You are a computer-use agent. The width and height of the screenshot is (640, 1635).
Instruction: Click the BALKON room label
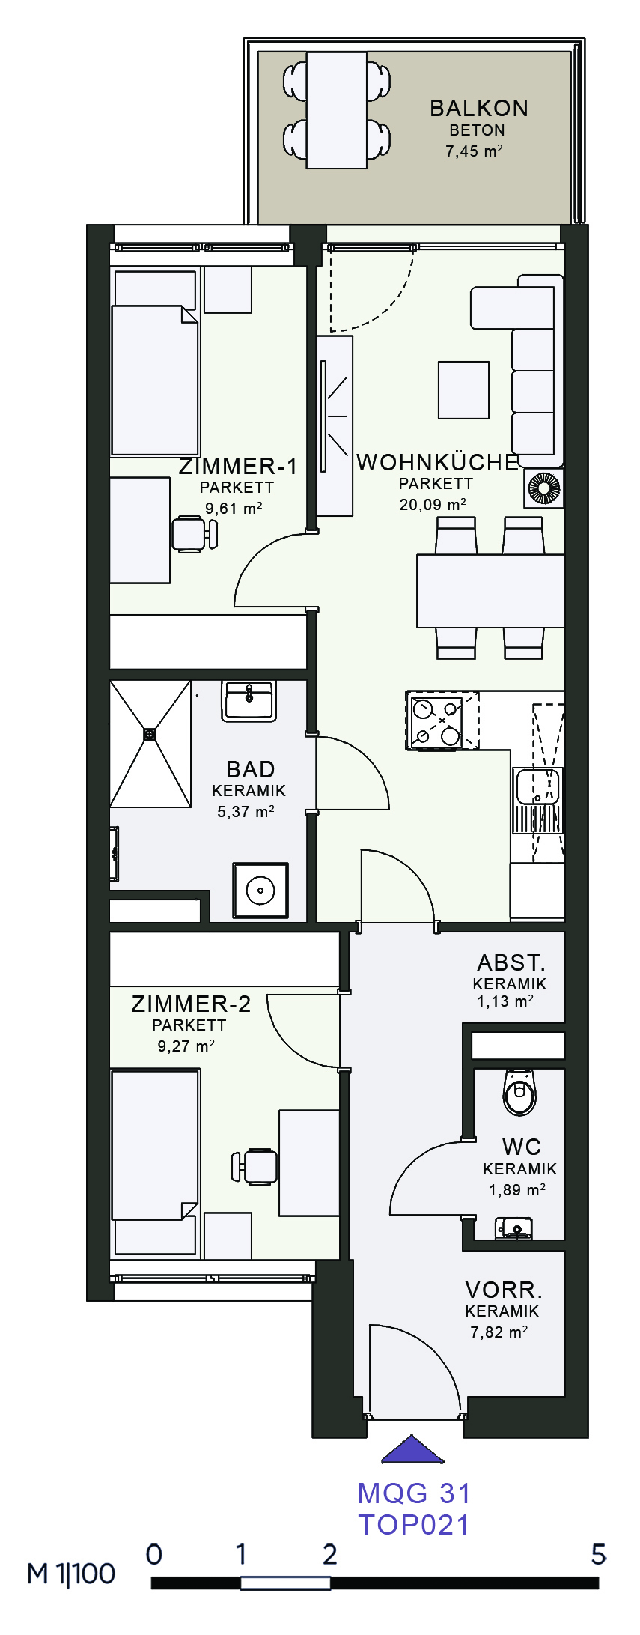(479, 108)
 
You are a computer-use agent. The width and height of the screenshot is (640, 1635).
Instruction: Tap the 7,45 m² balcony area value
(475, 151)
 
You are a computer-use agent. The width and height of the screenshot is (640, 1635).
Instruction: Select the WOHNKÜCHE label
(438, 462)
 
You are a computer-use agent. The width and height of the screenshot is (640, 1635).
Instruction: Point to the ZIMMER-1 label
(238, 466)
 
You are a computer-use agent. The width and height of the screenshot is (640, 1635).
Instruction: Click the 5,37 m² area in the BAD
(246, 811)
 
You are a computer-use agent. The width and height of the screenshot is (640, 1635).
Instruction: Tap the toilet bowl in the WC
(519, 1094)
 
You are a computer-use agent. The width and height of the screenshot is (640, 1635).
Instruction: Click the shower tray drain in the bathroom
(150, 735)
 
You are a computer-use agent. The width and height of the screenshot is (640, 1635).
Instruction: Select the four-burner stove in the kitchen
(442, 721)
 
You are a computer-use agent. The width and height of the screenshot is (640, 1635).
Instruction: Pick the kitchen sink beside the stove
(537, 787)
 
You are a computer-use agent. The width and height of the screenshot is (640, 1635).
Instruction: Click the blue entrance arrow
(412, 1449)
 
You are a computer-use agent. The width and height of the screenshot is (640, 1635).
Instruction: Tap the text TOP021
(414, 1524)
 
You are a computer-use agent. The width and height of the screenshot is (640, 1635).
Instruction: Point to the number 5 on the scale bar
(598, 1554)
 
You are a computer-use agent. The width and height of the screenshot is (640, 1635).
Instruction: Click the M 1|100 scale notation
(71, 1574)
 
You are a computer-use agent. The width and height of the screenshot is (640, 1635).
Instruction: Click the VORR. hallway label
(504, 1290)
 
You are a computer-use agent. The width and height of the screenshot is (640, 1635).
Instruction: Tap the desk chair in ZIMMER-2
(255, 1166)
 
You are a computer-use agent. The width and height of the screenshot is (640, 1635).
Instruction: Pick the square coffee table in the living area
(463, 389)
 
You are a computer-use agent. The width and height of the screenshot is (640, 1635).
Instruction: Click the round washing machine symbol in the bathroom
(260, 891)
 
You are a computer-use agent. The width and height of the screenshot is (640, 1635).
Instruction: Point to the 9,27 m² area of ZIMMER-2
(186, 1046)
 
